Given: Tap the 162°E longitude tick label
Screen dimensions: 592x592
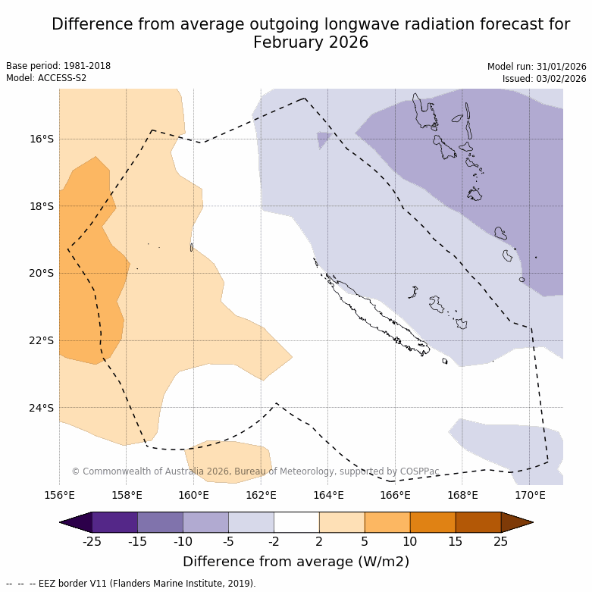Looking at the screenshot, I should [261, 496].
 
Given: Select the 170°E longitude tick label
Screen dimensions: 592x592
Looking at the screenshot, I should [530, 496].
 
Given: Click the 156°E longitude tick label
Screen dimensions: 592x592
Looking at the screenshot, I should [59, 496].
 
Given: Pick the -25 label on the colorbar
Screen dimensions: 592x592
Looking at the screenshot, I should [92, 540].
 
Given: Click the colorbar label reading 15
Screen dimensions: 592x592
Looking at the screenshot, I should [456, 540].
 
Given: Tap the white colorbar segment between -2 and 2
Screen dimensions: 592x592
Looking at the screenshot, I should [296, 522].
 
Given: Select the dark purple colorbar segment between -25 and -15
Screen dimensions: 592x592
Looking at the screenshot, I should [114, 522].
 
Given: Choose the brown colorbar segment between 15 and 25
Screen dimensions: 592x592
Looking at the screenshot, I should [478, 522].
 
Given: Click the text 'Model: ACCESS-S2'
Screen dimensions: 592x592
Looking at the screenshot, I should [46, 78].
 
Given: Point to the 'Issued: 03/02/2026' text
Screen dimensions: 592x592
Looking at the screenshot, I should [544, 78].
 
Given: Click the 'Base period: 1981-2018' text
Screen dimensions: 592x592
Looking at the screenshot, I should [58, 66].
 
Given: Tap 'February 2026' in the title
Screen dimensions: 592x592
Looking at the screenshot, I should [311, 42].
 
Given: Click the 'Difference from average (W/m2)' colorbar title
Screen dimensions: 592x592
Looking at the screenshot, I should [296, 562].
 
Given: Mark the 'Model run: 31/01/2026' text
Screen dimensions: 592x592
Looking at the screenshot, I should [537, 66].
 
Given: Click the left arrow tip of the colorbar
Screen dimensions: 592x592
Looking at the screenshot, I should [61, 522].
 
